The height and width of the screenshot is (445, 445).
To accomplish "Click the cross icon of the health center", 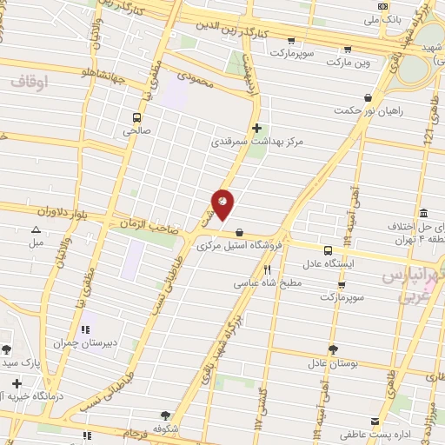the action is tap(256, 128).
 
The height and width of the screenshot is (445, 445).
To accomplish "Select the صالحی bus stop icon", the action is tap(136, 117).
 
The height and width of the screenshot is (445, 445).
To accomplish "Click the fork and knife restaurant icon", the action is tap(267, 270).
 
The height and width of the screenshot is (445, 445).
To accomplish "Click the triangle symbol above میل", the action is tap(36, 230).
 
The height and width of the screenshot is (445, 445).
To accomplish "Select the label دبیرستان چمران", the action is tap(85, 342).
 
